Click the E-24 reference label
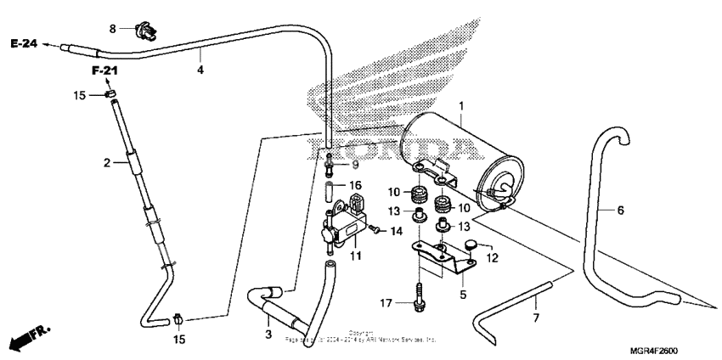pos(25,43)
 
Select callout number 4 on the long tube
pos(200,70)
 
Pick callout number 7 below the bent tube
pos(537,318)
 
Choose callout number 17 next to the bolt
pos(386,301)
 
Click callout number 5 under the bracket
pos(463,295)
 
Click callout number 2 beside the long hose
pos(108,161)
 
